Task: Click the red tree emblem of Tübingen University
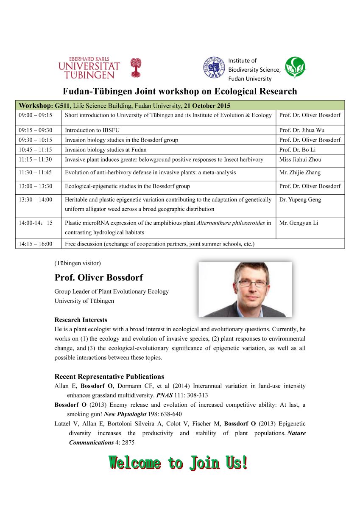pos(135,67)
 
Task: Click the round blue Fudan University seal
pos(213,67)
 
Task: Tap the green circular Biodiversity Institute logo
pos(295,67)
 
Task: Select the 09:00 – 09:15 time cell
pos(36,115)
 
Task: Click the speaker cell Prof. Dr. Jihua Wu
pos(301,130)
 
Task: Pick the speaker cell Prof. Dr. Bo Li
pos(297,150)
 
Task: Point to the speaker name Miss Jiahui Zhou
pos(300,159)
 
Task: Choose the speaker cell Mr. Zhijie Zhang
pos(300,173)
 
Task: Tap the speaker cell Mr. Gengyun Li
pos(299,223)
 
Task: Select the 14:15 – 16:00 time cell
pos(36,244)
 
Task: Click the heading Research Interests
pos(81,320)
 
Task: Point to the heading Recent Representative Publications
pos(109,377)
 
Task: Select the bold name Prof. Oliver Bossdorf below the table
pos(98,278)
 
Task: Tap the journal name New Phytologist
pos(126,414)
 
